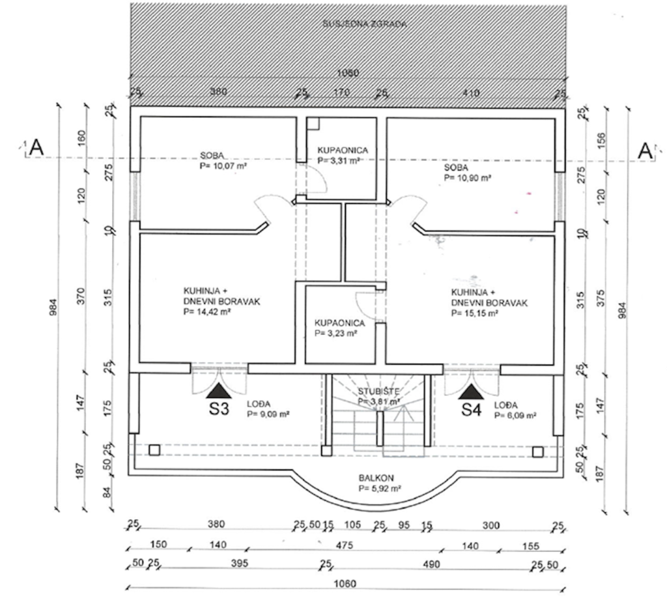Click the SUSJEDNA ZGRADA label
[x=364, y=24]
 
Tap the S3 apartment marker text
[x=218, y=410]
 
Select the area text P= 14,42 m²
[x=208, y=312]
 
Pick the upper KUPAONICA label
[x=342, y=150]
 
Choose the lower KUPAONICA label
[x=339, y=322]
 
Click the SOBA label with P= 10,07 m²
[x=212, y=156]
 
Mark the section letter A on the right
[x=645, y=150]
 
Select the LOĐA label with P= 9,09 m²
[x=259, y=404]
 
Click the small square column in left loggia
[x=154, y=450]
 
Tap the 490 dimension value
[x=431, y=564]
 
